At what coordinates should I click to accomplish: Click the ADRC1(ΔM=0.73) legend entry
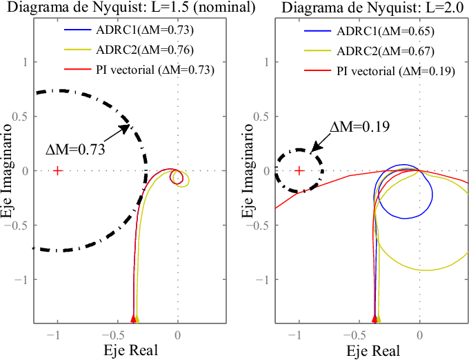click(x=128, y=30)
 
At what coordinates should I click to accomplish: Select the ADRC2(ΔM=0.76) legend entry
click(x=128, y=50)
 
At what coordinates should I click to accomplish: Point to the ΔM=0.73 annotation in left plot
click(x=75, y=149)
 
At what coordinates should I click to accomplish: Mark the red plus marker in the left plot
click(x=57, y=170)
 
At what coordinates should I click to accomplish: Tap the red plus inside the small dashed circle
click(x=299, y=170)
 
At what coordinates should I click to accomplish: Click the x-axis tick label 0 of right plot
click(x=419, y=335)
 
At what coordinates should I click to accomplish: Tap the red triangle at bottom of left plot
click(x=133, y=318)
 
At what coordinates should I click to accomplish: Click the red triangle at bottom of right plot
click(x=375, y=318)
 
